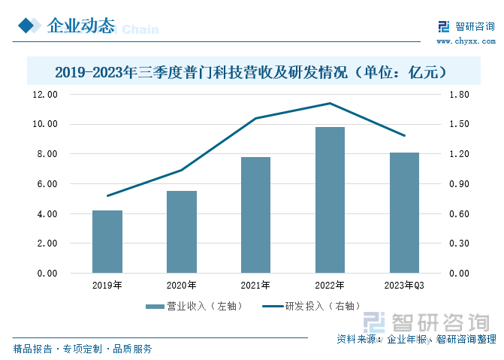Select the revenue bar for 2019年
(107, 241)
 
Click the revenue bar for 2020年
(181, 231)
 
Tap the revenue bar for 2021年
(255, 215)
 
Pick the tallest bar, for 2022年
(330, 200)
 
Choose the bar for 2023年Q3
(404, 213)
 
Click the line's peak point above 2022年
(330, 103)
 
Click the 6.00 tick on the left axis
(47, 184)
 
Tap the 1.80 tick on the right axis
(459, 95)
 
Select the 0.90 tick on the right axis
(459, 184)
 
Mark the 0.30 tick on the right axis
(459, 244)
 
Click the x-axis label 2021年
(255, 286)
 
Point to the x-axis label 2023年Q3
(404, 286)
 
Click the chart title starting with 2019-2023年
(252, 72)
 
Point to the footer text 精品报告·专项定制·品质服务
(83, 349)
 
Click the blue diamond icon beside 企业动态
(28, 26)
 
